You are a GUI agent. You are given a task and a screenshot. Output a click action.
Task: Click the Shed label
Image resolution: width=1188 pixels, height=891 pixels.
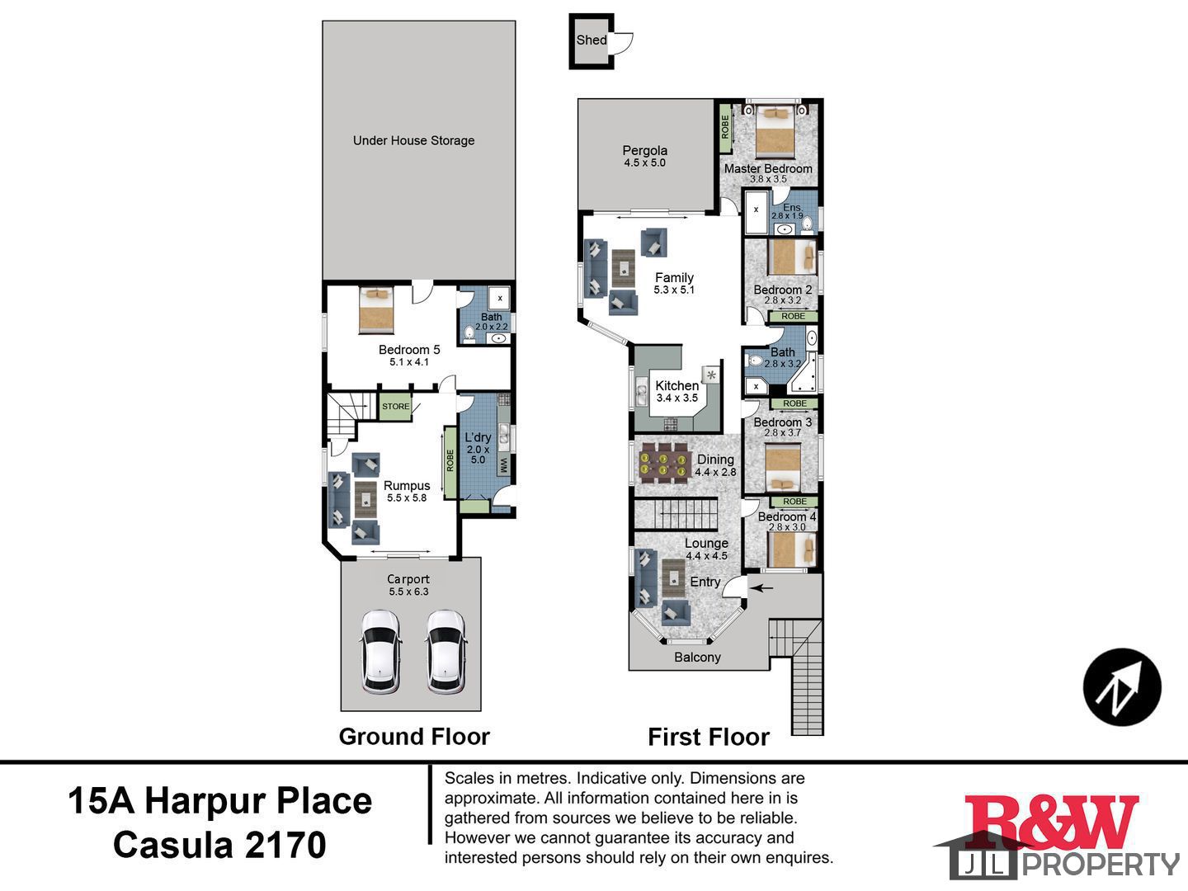591,40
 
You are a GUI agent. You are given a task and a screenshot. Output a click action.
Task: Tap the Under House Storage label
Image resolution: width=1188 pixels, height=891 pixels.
413,140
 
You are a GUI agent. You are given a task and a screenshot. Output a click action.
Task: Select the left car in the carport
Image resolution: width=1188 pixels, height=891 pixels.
380,652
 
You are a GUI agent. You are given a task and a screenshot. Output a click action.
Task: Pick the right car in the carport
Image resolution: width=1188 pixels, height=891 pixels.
446,652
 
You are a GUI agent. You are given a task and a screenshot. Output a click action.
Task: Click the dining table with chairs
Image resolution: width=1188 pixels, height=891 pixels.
663,464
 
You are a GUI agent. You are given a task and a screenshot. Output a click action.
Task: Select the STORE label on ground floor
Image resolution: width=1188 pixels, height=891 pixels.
396,406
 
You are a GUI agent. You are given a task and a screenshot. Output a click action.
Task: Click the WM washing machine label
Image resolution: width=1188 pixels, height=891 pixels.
503,465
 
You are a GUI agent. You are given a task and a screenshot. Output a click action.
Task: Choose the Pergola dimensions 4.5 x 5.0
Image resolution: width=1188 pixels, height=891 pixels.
644,163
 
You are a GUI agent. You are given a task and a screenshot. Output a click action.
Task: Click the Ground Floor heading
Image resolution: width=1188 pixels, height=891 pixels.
414,737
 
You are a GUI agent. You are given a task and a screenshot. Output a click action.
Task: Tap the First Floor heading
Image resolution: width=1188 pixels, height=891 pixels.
709,738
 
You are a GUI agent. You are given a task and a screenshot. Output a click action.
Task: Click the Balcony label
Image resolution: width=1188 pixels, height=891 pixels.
697,658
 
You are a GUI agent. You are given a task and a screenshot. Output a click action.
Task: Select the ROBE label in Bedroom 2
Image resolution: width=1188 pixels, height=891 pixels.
793,317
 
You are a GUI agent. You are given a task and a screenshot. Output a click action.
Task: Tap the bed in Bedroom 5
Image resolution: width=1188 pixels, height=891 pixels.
377,310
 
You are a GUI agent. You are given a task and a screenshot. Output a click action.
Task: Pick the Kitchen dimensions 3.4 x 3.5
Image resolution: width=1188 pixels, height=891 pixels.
677,398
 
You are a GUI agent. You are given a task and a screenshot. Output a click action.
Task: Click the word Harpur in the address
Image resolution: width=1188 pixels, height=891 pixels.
205,801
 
